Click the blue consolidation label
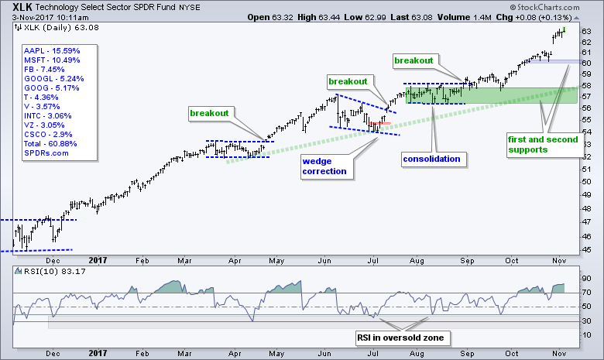tap(432, 159)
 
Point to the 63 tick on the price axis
tap(586, 32)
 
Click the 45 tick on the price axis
tap(586, 249)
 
